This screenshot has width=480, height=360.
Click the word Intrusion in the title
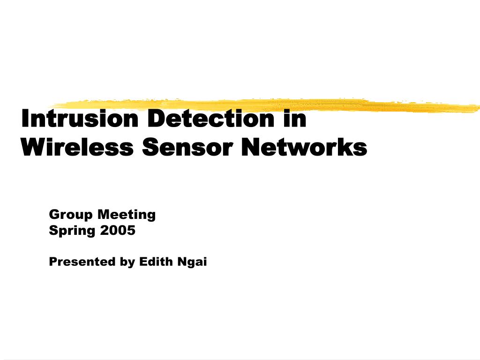click(x=80, y=118)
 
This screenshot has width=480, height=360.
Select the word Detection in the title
click(x=211, y=118)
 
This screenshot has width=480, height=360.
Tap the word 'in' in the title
click(x=295, y=118)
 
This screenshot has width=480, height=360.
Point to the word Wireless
click(x=77, y=147)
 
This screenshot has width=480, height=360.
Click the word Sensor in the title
click(x=187, y=147)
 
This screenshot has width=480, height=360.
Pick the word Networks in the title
click(x=304, y=147)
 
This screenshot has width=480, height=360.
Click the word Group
click(x=71, y=215)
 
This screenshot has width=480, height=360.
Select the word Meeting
click(x=127, y=215)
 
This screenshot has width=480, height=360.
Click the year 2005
click(x=118, y=230)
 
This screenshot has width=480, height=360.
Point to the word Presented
click(x=82, y=262)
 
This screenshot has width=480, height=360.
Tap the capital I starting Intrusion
click(x=24, y=118)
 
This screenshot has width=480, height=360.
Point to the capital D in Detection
click(x=157, y=118)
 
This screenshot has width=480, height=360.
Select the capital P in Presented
click(x=53, y=262)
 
